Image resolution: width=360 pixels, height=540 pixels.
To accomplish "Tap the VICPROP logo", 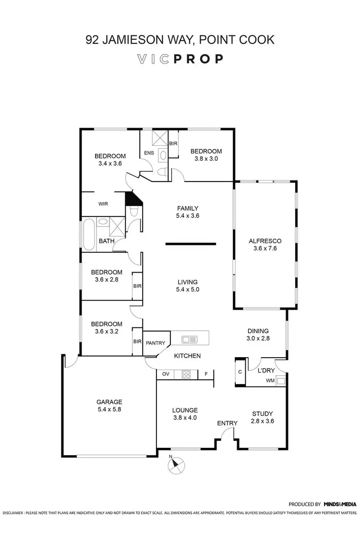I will click(x=180, y=59).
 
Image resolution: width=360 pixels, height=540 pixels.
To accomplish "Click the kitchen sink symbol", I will click(x=190, y=339).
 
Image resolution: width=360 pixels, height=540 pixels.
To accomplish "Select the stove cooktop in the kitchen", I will click(x=186, y=374).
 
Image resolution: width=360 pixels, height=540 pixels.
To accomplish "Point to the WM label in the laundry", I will click(x=270, y=381).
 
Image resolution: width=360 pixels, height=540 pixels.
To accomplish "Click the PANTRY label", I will click(x=156, y=343).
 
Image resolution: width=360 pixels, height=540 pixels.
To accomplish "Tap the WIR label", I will click(x=103, y=204).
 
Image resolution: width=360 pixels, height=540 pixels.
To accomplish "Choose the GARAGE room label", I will click(x=110, y=402).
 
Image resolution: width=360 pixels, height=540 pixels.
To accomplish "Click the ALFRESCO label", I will click(x=264, y=241).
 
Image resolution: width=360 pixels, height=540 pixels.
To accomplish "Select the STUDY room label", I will click(x=263, y=413).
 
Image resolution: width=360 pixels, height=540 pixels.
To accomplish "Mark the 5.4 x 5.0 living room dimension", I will click(x=187, y=289).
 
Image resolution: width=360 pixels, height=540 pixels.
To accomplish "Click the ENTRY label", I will click(x=227, y=423).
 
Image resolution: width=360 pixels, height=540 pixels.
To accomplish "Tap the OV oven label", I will click(x=166, y=373).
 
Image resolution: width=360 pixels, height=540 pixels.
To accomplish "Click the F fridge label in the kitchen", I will click(x=206, y=373).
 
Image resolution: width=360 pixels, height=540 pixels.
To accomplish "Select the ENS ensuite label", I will click(x=148, y=153).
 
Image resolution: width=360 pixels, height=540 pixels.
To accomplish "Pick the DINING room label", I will click(x=258, y=331).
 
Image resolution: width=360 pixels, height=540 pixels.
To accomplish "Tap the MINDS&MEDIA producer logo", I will click(x=340, y=504).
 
